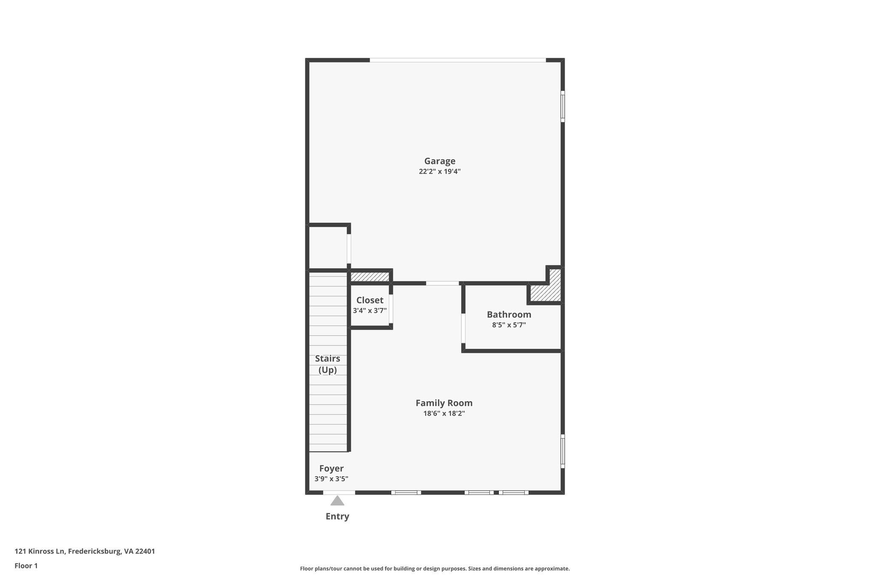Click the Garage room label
(440, 161)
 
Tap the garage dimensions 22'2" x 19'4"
(440, 172)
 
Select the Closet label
(370, 300)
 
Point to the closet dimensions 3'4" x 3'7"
(370, 311)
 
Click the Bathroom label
(509, 314)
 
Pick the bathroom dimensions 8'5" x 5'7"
(509, 325)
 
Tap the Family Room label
(444, 403)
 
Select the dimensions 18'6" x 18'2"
(444, 413)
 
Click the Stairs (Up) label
(328, 364)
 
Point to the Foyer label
(331, 468)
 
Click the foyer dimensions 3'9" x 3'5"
(331, 479)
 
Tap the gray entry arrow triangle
(337, 501)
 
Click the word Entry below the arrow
(337, 516)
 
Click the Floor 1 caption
(26, 566)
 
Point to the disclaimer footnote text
(435, 569)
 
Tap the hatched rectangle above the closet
(370, 277)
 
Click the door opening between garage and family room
(442, 283)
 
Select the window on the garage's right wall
(562, 106)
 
